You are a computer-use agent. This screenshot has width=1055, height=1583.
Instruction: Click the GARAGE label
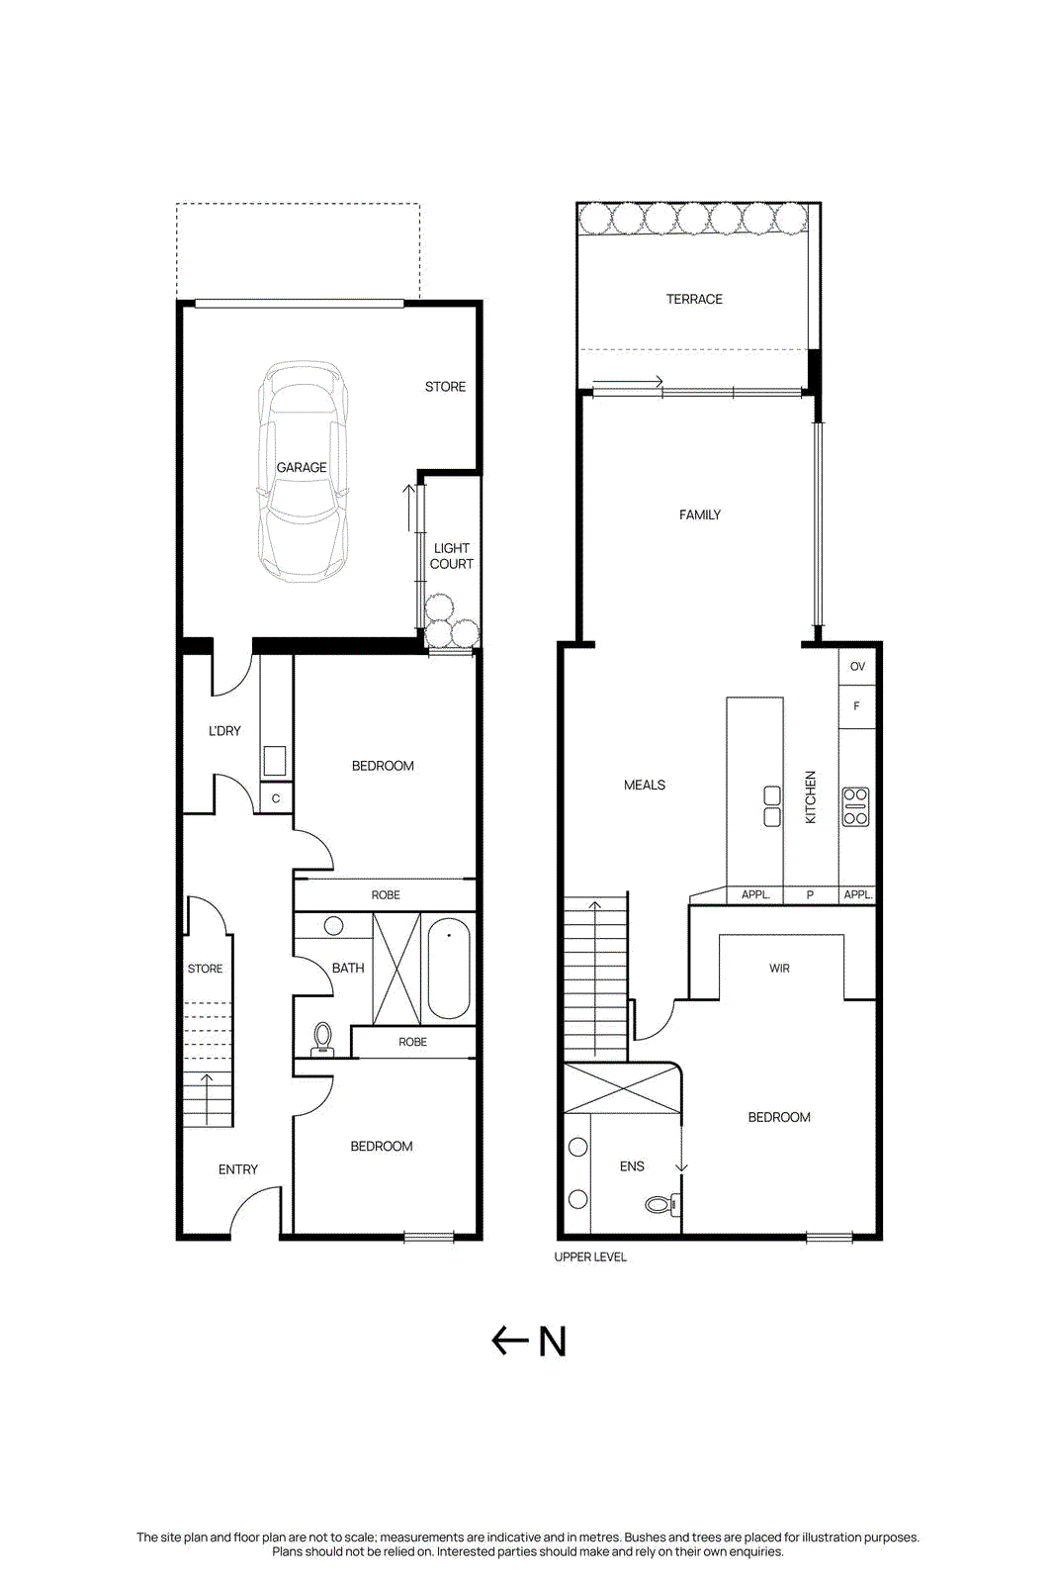click(302, 467)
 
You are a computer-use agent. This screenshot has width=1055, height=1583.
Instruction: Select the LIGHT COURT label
click(452, 556)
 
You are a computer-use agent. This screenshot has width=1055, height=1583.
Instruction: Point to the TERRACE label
click(694, 299)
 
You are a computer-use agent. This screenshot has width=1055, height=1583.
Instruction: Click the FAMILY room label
click(700, 514)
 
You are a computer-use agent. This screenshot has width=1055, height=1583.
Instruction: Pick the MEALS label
click(645, 785)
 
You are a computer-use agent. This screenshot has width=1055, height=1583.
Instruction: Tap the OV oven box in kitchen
click(857, 666)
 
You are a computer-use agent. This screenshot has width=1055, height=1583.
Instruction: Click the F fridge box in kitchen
click(856, 706)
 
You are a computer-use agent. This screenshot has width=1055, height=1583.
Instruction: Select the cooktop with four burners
click(855, 806)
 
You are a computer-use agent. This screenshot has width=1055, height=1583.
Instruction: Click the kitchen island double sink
click(772, 806)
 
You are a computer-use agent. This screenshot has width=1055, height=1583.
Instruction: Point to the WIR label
click(779, 969)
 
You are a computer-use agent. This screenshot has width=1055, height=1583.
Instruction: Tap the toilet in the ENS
click(659, 1204)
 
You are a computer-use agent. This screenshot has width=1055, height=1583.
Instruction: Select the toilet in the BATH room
click(322, 1038)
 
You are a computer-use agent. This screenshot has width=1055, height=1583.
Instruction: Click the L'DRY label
click(224, 731)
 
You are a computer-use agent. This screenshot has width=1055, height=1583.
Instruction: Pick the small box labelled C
click(276, 798)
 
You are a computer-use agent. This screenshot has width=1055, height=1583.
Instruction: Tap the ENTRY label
click(238, 1169)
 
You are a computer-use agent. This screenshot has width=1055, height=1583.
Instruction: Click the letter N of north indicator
click(553, 1343)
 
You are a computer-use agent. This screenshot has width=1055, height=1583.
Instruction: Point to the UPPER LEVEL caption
click(590, 1257)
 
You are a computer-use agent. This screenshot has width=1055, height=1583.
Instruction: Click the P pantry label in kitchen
click(810, 894)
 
